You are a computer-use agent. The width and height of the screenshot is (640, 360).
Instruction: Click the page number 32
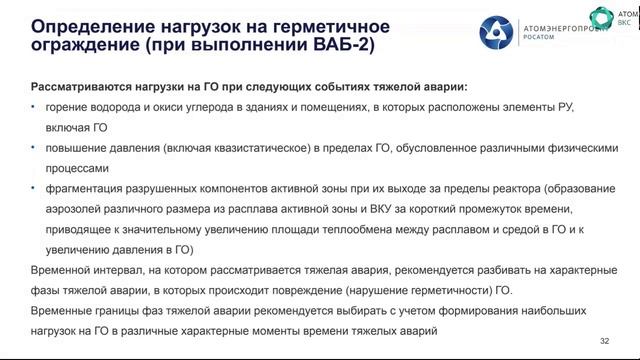[604, 341]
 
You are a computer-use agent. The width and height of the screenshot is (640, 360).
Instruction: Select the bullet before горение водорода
[34, 109]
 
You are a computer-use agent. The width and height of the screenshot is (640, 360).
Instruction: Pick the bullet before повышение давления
[34, 149]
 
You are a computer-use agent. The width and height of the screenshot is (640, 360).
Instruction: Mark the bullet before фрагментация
[34, 189]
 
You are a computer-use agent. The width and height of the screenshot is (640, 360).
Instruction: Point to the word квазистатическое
[239, 149]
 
